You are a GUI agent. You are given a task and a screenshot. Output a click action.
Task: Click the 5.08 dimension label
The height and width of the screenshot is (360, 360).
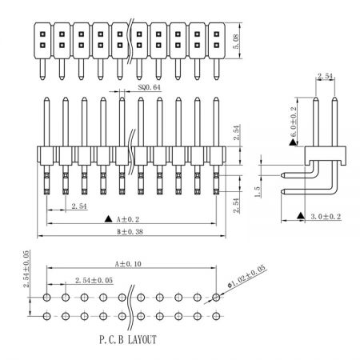(x=236, y=42)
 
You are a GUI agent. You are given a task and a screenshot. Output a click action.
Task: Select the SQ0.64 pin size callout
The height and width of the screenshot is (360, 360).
(x=149, y=87)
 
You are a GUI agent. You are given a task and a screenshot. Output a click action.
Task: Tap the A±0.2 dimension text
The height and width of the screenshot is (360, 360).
(x=128, y=219)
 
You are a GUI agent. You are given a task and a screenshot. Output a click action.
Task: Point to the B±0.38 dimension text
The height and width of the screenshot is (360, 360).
(x=130, y=232)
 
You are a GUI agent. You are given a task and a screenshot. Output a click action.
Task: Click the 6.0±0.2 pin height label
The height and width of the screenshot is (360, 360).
(x=293, y=122)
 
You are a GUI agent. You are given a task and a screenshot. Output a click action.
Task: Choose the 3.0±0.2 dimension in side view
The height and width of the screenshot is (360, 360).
(x=326, y=217)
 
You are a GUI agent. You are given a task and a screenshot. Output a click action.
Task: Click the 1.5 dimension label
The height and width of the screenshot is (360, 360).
(x=258, y=192)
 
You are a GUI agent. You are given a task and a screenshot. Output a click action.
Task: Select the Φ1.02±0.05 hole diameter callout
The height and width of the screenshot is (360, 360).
(x=246, y=276)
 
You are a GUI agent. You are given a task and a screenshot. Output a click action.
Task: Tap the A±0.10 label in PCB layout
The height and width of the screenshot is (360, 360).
(x=128, y=264)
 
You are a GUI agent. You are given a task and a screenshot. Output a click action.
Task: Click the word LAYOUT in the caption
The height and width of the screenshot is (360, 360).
(x=142, y=340)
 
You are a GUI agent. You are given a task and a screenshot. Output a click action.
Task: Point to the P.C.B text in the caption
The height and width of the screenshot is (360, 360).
(x=112, y=340)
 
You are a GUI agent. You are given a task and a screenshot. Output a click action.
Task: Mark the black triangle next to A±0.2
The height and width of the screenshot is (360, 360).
(x=108, y=219)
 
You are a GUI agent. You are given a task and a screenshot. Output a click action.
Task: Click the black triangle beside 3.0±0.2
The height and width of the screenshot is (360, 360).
(x=301, y=216)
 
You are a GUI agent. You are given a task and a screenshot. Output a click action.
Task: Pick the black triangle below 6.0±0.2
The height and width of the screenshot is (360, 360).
(x=293, y=142)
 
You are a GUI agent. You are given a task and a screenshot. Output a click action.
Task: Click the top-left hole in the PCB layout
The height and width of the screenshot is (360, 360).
(x=46, y=297)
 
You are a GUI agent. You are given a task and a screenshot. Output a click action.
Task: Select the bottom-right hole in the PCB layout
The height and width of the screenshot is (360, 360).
(x=216, y=316)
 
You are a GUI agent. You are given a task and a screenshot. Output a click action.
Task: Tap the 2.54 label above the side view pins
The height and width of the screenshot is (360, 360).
(x=326, y=76)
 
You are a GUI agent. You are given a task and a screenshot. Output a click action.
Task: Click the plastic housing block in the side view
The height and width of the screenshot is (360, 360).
(x=326, y=155)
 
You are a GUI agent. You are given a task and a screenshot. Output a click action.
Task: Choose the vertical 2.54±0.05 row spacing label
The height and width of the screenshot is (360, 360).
(x=26, y=269)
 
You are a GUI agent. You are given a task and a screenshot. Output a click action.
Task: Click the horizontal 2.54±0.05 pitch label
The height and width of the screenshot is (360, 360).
(x=94, y=280)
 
